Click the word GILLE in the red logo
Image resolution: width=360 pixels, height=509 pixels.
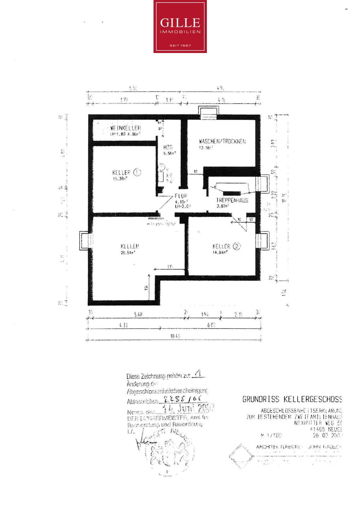pos(180,23)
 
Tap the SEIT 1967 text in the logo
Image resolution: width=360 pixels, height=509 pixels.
pos(180,46)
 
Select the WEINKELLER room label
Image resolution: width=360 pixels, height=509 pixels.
pos(126,128)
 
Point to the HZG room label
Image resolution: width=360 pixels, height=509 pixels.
pos(168,147)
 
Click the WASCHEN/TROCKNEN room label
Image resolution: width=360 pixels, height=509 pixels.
pos(222,141)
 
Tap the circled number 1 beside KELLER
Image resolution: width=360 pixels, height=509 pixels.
pos(137,172)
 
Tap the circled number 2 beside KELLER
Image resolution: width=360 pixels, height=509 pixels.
pos(237,246)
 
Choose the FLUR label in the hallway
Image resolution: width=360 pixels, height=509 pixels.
pos(181,196)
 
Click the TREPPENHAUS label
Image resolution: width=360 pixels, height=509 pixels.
pos(232,200)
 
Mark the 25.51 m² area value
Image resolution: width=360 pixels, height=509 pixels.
pos(128,252)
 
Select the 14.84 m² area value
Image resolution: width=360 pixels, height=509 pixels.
pos(220,252)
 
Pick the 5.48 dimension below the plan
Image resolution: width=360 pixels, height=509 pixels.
pos(138,314)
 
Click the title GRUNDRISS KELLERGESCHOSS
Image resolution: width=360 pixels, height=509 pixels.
pos(292,399)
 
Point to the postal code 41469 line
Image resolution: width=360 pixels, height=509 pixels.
pos(326,429)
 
